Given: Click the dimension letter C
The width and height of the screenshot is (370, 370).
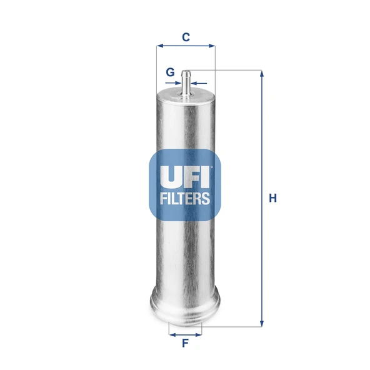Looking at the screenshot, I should [186, 37].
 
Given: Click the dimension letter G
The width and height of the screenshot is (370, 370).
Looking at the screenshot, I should [170, 72].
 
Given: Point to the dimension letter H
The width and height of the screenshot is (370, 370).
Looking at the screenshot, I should [272, 198].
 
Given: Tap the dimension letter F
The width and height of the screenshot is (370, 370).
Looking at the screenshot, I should [185, 343].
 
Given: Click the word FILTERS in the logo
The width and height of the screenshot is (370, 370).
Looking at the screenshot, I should [185, 199].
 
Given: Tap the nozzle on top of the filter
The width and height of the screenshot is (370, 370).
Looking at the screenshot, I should [186, 81].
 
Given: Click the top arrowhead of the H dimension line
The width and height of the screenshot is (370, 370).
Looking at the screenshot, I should [262, 74].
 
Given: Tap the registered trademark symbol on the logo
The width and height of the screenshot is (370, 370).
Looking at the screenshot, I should [212, 167].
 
